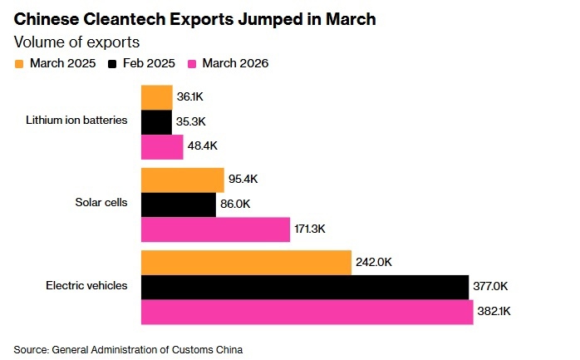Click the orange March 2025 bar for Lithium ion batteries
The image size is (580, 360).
coord(157,97)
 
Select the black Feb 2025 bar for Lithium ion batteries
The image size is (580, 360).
coord(156,122)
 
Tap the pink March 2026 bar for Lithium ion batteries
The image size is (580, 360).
coord(162,147)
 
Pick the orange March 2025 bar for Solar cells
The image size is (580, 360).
coord(183,180)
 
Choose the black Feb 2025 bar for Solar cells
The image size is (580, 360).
coord(179,205)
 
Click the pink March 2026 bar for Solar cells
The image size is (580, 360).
coord(215,229)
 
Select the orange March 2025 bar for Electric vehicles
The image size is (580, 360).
coord(246,262)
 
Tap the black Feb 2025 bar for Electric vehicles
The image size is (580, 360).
coord(305,287)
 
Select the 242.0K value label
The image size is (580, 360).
coord(375,263)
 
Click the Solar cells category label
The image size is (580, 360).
coord(102,204)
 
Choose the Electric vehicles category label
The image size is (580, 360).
coord(86,286)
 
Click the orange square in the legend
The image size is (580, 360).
coord(20,62)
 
